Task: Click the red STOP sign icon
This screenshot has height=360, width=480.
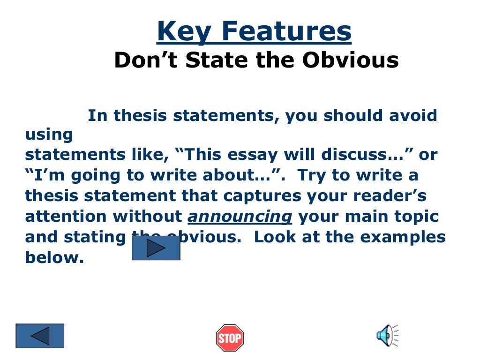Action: pyautogui.click(x=230, y=338)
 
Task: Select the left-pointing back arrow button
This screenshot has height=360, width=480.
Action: pyautogui.click(x=40, y=336)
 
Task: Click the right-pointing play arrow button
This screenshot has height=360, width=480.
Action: pyautogui.click(x=156, y=248)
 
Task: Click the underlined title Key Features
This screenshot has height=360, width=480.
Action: pyautogui.click(x=254, y=32)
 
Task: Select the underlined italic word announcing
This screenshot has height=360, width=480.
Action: pyautogui.click(x=240, y=217)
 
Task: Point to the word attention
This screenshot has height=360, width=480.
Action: pyautogui.click(x=66, y=217)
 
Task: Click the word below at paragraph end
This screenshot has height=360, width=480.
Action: pyautogui.click(x=54, y=258)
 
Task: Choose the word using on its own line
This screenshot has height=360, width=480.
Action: pyautogui.click(x=49, y=135)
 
